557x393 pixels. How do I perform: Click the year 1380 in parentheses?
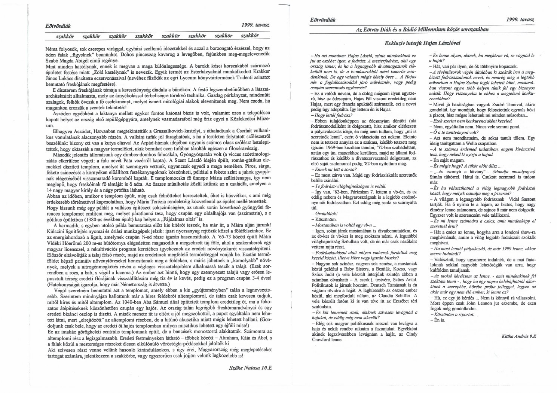coord(85,219)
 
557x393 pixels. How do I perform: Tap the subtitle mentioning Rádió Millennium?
coord(423,29)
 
